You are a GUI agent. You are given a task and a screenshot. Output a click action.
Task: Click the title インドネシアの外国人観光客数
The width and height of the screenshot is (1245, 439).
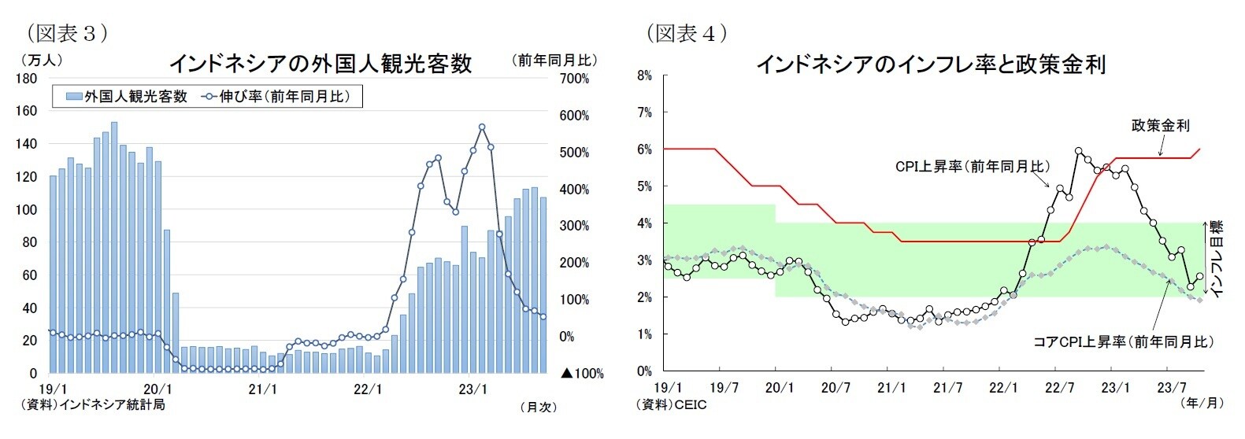[x=321, y=63]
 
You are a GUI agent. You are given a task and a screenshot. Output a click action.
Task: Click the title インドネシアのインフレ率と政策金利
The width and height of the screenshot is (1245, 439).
[x=931, y=64]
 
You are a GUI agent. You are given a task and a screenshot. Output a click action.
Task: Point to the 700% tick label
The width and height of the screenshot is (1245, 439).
[x=574, y=79]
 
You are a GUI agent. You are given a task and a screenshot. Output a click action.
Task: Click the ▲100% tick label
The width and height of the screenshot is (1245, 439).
[x=582, y=374]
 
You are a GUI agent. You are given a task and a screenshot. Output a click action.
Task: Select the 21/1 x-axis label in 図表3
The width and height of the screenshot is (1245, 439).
[x=262, y=389]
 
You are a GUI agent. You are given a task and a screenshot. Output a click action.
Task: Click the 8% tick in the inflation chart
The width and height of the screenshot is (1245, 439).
[x=644, y=76]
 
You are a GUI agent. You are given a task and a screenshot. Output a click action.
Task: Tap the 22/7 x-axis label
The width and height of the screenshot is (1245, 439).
[x=1059, y=388]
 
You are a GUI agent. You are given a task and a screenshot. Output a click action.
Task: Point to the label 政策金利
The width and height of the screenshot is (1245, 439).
[x=1160, y=125]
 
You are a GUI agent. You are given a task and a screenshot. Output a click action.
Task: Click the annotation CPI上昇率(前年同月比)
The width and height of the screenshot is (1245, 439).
[x=972, y=167]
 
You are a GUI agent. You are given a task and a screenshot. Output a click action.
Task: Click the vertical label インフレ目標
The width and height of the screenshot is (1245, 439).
[x=1217, y=259]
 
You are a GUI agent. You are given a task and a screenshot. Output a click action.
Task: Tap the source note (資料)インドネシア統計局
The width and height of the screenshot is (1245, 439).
[x=93, y=404]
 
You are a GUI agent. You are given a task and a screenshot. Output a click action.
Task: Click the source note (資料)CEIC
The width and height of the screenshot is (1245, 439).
[x=671, y=404]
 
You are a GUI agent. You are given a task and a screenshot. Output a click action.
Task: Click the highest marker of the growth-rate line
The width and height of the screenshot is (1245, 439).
[x=481, y=127]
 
